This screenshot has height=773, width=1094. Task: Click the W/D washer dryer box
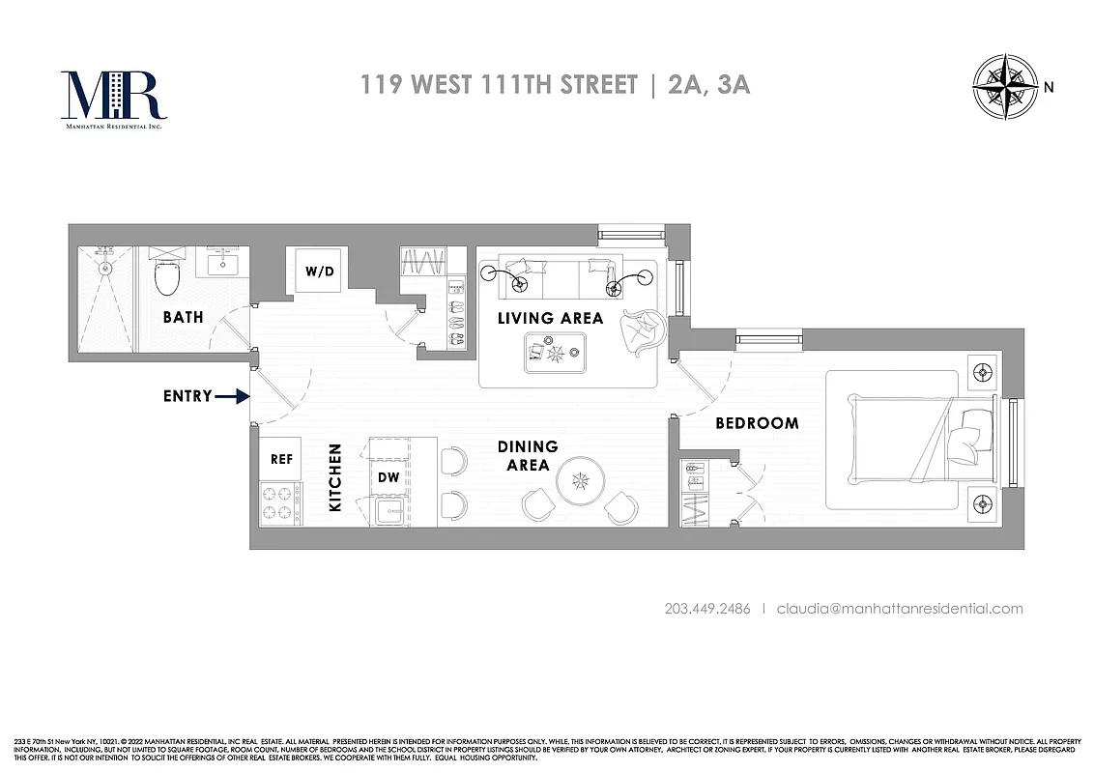(319, 271)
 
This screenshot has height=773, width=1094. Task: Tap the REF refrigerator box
(280, 460)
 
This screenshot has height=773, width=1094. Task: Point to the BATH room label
(183, 317)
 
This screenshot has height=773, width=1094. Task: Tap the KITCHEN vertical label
(335, 477)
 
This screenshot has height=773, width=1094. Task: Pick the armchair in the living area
(640, 331)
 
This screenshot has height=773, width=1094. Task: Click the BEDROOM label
(757, 423)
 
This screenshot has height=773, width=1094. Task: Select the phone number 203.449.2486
(707, 609)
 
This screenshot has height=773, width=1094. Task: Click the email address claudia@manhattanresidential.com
(899, 609)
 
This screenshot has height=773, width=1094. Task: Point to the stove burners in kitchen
(280, 503)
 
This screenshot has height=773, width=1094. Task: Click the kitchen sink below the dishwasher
(390, 511)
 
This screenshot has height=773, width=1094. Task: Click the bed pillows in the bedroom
(969, 434)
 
